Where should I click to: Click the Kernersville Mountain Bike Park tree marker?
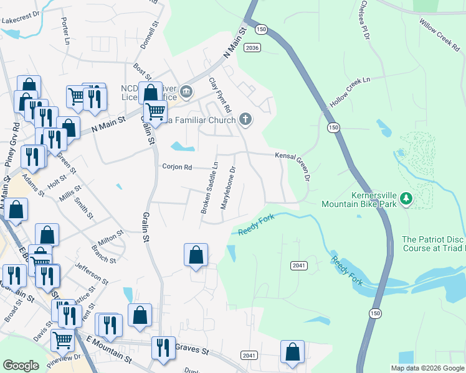[x=407, y=199]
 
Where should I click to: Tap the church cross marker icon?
[x=245, y=119]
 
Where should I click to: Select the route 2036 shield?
[x=252, y=47]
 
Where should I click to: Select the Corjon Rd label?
[x=177, y=167]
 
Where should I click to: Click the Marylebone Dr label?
[x=228, y=186]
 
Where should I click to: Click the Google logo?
[x=21, y=366]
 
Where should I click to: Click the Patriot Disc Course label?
[x=434, y=244]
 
